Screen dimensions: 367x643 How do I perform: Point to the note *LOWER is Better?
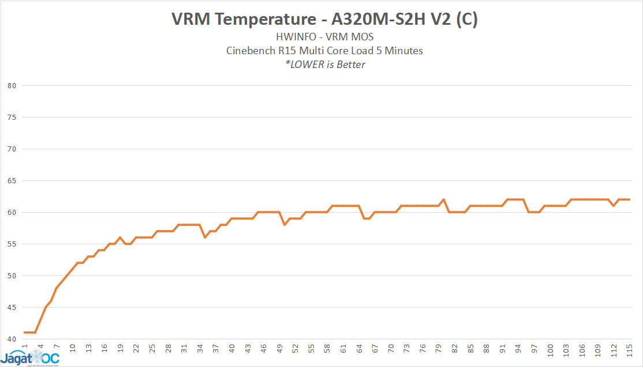[324, 64]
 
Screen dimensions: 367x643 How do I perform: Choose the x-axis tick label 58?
[327, 349]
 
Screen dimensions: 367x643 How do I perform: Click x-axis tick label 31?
[184, 349]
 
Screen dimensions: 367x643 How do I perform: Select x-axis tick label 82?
[454, 349]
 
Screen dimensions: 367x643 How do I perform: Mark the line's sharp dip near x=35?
[205, 237]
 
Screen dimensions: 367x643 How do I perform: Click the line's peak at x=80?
[444, 199]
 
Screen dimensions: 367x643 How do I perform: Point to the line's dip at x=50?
[285, 225]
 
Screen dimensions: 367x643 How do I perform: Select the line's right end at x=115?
[630, 199]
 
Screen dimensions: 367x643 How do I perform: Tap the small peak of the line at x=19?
[120, 237]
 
